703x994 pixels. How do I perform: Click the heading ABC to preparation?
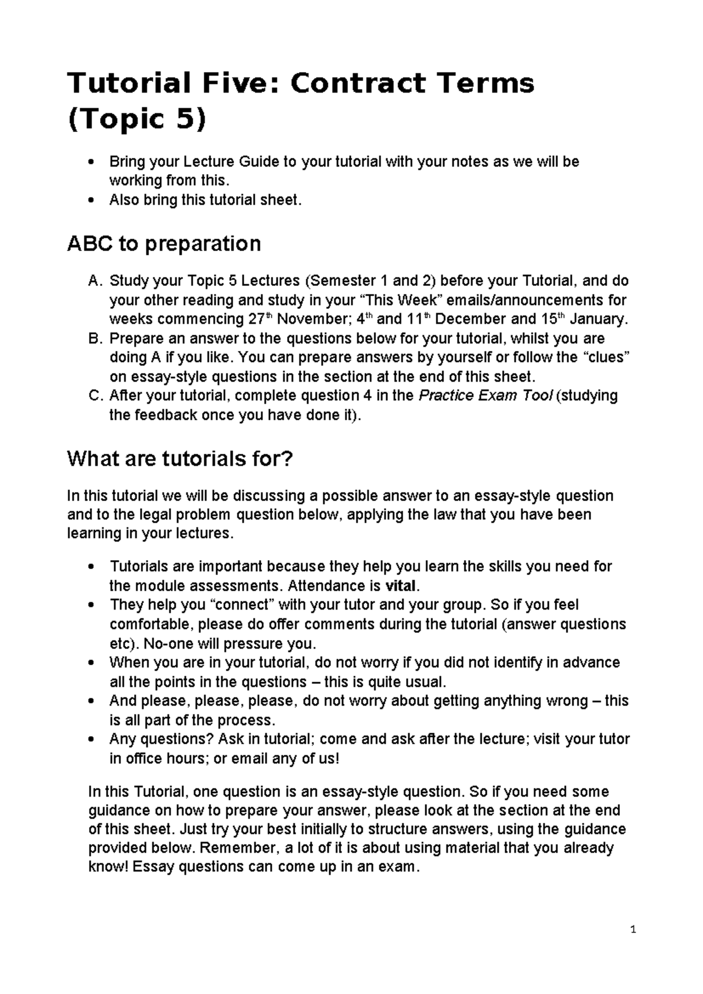[x=164, y=243]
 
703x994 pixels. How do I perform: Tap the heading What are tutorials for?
[x=179, y=458]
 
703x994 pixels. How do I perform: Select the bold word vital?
[x=402, y=586]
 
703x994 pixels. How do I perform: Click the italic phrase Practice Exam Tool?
[x=484, y=396]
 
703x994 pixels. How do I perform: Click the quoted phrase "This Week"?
[x=402, y=301]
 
